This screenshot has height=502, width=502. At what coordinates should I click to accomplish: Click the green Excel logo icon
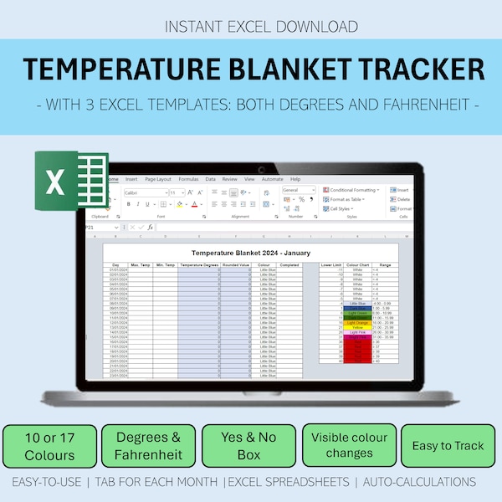point(71,182)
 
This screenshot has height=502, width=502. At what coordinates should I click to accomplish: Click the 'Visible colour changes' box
point(349,446)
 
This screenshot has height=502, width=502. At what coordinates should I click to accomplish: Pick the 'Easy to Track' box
point(448,446)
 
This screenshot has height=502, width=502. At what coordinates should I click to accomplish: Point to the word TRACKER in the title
point(415,70)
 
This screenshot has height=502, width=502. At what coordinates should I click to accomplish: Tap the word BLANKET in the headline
point(284,70)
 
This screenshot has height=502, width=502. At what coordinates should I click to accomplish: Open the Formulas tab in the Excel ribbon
point(187,179)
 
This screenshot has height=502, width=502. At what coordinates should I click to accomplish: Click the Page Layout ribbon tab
point(157,179)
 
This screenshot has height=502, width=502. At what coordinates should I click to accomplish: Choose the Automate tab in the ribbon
point(273,179)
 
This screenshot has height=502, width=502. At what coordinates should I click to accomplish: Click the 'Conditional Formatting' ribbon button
point(353,190)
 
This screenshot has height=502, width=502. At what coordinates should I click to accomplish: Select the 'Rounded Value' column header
point(237,264)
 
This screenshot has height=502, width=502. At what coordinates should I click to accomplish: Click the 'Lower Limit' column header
point(331,264)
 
